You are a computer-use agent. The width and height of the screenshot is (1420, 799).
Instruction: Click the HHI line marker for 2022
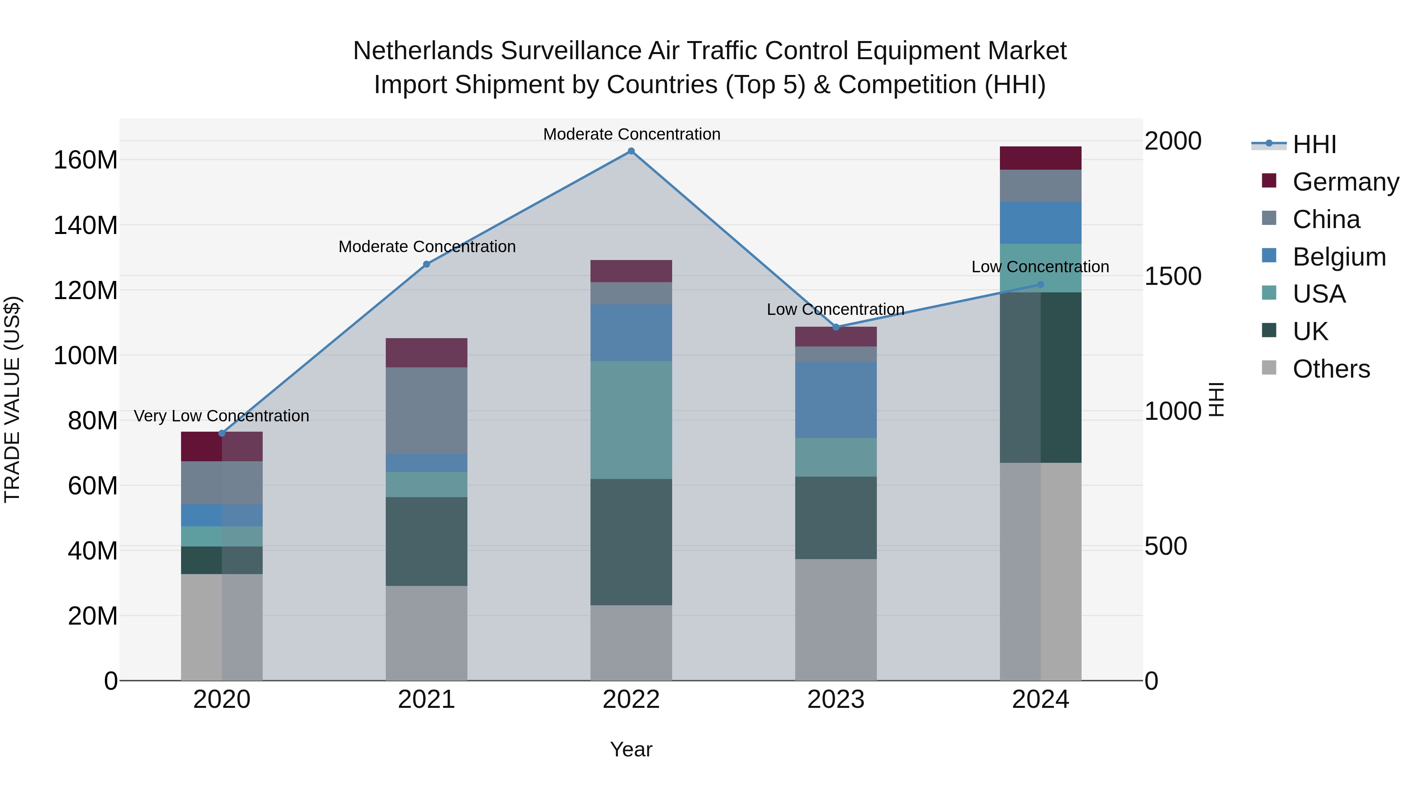pos(631,151)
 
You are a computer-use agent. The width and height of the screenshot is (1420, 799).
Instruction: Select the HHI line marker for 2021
pos(426,264)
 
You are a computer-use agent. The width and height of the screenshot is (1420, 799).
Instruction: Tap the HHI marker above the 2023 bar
pos(836,327)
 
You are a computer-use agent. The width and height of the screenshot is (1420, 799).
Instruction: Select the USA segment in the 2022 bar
pos(631,420)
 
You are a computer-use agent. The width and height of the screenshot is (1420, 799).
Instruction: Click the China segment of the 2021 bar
pos(426,410)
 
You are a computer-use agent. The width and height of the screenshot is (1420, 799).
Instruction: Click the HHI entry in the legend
pos(1314,144)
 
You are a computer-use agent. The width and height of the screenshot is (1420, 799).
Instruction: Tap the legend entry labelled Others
pos(1331,369)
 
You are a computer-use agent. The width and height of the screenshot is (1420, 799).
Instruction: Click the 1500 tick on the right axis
pos(1173,276)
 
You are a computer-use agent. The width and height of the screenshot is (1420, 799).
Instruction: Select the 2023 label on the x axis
pos(836,700)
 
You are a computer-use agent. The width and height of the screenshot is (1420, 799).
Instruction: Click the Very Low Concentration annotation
pos(222,416)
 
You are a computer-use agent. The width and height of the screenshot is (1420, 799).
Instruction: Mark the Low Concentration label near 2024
pos(1040,267)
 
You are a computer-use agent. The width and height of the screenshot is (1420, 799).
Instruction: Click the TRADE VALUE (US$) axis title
pos(12,399)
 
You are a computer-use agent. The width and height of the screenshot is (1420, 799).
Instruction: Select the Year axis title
pos(631,749)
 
